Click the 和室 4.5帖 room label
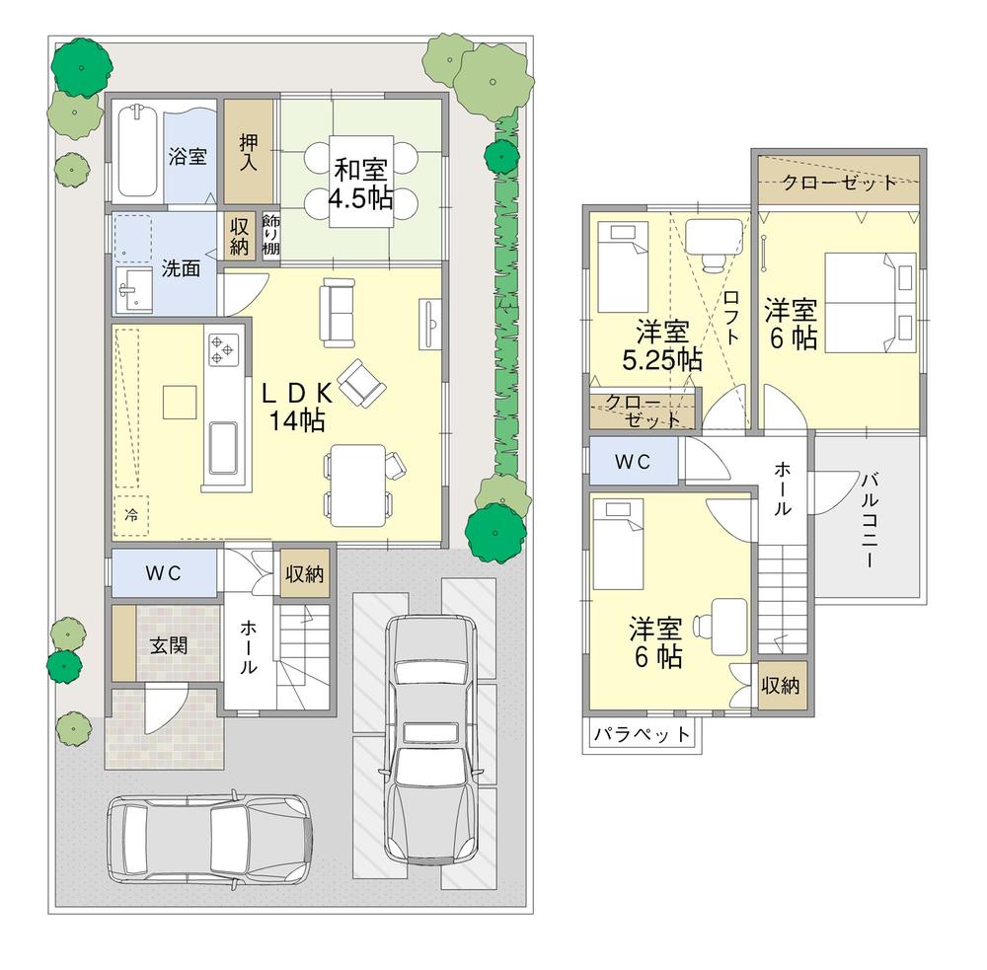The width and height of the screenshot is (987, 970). (361, 185)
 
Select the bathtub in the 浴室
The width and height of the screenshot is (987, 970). (137, 152)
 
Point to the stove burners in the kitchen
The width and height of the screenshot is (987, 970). (222, 348)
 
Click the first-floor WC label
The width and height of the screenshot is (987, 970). (163, 574)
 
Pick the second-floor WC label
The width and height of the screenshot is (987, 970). (632, 461)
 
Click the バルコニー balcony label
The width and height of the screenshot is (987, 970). (868, 520)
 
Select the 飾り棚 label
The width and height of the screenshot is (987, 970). (271, 235)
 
